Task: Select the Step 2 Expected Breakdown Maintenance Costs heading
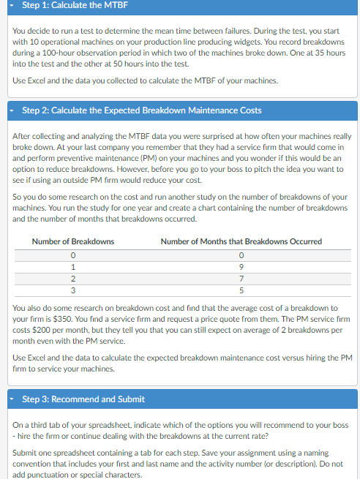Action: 142,110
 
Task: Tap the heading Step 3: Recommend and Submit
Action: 83,399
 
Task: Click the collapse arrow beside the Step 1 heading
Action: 15,7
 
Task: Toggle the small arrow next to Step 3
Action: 15,399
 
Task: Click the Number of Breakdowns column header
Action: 73,241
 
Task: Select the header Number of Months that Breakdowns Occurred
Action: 241,241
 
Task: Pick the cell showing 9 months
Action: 241,267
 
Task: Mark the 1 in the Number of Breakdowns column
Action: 73,267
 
